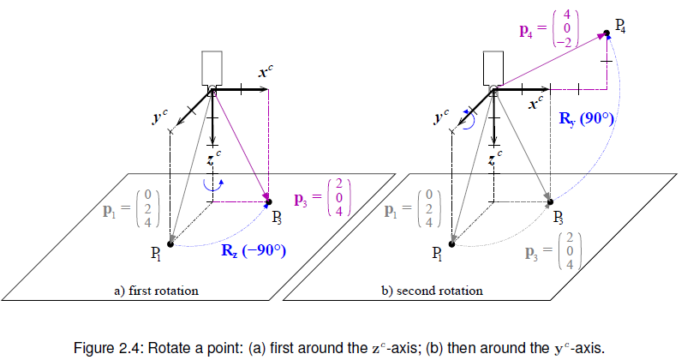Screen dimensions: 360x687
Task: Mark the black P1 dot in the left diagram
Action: click(x=170, y=244)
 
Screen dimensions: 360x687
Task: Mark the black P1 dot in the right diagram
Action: click(x=451, y=244)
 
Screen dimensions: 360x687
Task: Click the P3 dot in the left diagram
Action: click(x=268, y=202)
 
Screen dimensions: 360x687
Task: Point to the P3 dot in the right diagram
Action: click(x=549, y=202)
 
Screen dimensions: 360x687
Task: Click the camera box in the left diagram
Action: click(x=211, y=67)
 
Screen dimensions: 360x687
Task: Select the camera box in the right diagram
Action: click(x=493, y=67)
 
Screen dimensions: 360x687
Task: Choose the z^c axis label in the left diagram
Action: click(x=214, y=157)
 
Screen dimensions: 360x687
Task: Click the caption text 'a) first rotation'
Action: click(x=156, y=291)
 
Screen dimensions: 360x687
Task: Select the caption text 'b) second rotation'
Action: click(x=432, y=291)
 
